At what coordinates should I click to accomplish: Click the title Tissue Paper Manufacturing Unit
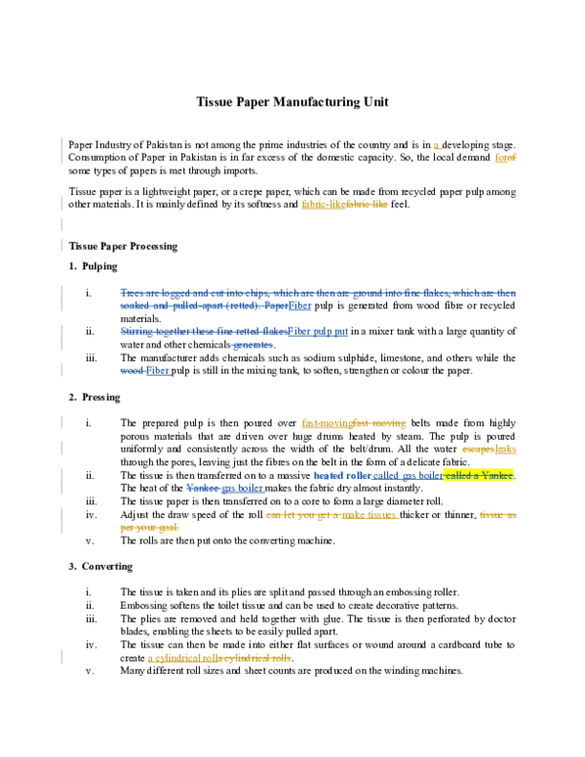[292, 101]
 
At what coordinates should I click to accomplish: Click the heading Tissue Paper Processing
[123, 246]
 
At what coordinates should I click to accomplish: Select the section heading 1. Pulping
[94, 266]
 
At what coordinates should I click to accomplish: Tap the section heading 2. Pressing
[95, 397]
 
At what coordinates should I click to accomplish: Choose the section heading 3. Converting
[100, 566]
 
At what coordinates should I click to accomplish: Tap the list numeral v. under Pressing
[90, 540]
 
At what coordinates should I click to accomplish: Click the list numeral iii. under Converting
[91, 618]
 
